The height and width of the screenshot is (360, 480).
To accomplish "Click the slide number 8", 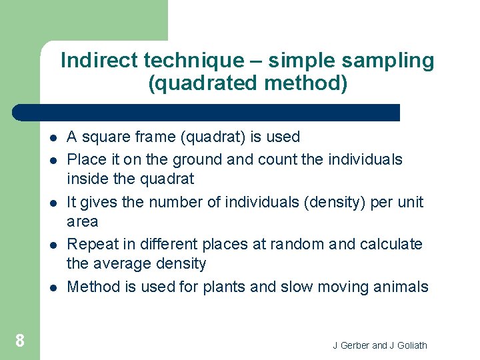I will click(x=20, y=341).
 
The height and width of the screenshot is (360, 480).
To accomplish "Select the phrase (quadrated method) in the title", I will click(x=247, y=84).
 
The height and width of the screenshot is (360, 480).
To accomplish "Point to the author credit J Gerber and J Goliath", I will click(x=380, y=345).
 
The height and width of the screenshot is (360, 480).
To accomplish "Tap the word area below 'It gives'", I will click(x=83, y=222).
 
